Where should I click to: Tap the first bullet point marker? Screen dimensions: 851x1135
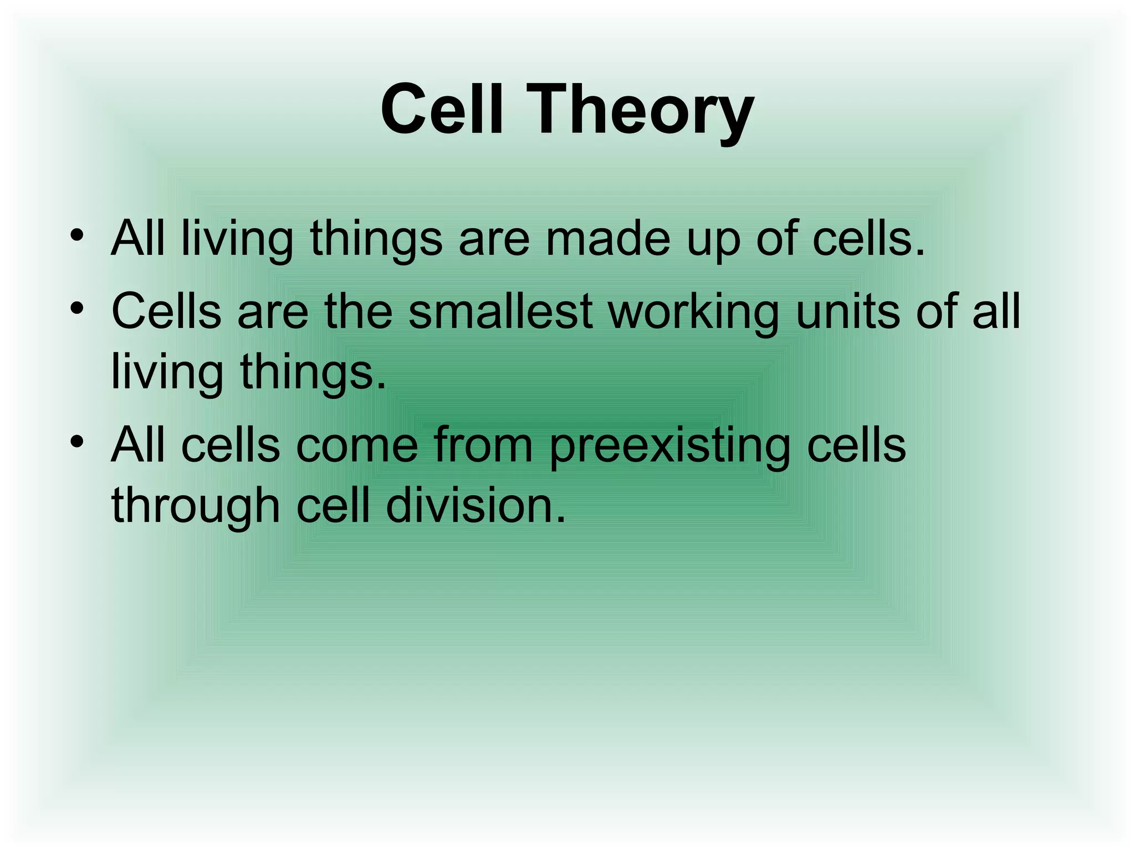(x=77, y=236)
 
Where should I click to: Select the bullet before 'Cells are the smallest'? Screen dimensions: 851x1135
(x=77, y=308)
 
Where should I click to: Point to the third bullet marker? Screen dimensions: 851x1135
(x=77, y=442)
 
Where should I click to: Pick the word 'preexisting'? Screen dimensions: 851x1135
(x=669, y=447)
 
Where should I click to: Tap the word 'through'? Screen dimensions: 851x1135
(x=196, y=507)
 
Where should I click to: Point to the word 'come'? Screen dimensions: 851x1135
(x=356, y=445)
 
